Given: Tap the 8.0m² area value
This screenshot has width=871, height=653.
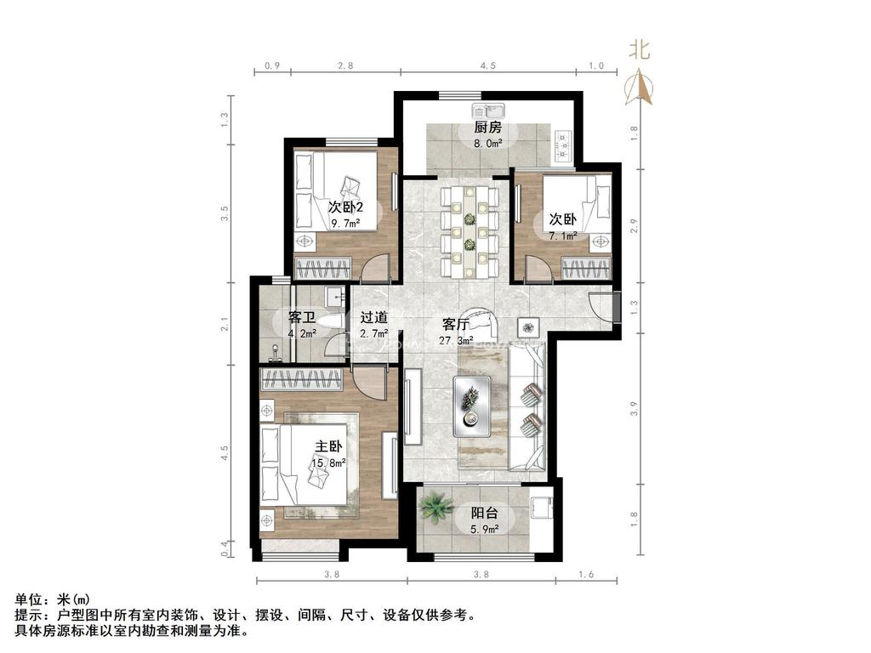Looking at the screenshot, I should point(487,143).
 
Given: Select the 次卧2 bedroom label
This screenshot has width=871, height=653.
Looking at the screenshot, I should point(346,208).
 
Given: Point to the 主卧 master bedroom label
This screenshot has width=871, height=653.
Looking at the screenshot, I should point(329,447).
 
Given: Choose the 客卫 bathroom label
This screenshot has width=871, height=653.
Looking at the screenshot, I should point(302,318).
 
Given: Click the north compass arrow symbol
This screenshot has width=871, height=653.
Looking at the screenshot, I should point(639,85).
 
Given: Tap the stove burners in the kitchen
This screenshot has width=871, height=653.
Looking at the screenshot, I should point(562,144).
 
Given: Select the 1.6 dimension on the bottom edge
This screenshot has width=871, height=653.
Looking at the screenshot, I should point(586,575).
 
